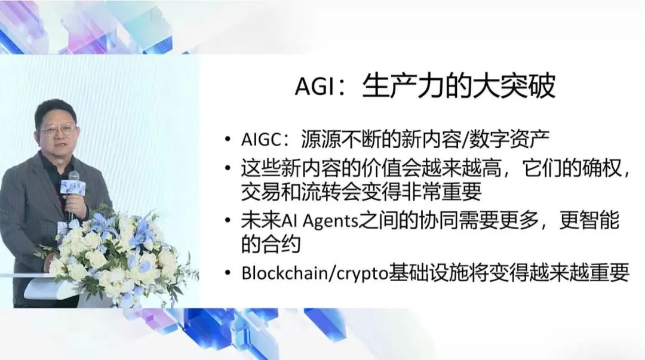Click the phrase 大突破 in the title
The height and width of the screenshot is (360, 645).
tap(518, 87)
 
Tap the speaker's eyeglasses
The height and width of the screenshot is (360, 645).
tap(57, 128)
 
